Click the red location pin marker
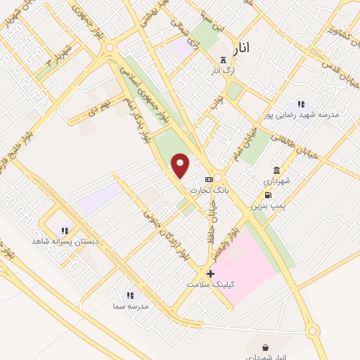point(181,166)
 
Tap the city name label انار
point(240,47)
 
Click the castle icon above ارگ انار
point(224,60)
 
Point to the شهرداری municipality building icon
point(276,170)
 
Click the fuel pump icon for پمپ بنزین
point(268,195)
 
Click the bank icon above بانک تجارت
point(209,179)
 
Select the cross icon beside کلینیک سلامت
point(210,273)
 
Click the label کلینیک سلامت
point(211,284)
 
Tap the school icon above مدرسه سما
point(129,295)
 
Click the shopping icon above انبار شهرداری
point(265,347)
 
